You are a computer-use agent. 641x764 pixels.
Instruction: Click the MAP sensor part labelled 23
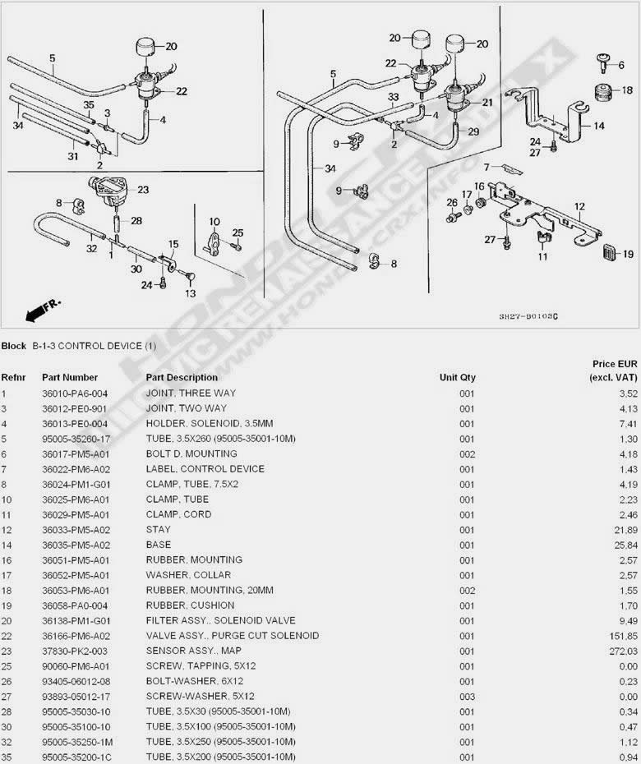point(106,190)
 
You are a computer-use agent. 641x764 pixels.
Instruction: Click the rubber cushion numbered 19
point(611,252)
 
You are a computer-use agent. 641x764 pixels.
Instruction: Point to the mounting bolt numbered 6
point(603,63)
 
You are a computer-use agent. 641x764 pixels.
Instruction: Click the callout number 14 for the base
point(598,126)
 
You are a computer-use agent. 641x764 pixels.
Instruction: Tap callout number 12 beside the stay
point(579,206)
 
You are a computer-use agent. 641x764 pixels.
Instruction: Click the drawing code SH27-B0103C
point(528,316)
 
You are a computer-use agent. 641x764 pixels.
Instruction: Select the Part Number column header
point(70,377)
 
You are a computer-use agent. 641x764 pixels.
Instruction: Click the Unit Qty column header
point(457,377)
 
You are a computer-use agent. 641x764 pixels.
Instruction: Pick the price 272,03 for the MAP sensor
point(623,651)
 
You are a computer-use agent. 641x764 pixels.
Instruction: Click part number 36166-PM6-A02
point(76,636)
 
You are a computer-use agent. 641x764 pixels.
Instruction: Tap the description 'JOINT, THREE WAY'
point(191,394)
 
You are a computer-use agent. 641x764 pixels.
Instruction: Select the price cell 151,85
point(623,636)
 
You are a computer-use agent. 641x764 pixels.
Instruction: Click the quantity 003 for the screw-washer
point(467,697)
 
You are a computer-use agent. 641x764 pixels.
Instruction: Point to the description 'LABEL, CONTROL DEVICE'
point(205,469)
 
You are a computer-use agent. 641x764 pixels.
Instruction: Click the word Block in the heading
point(14,346)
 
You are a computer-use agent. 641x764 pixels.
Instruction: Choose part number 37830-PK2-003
point(75,651)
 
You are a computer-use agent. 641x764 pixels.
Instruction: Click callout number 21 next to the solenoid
point(487,103)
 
